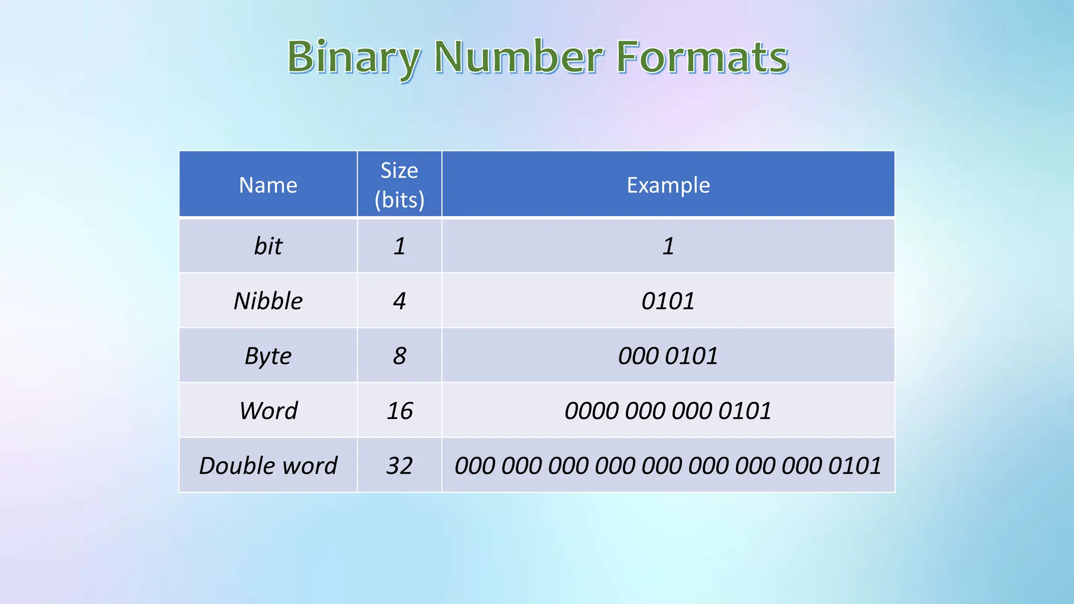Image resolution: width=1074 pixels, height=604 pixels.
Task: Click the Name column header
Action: click(268, 185)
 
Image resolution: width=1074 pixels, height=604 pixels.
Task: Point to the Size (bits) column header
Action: click(400, 185)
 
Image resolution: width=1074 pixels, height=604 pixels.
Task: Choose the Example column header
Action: click(668, 185)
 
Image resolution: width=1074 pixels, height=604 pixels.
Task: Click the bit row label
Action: click(268, 246)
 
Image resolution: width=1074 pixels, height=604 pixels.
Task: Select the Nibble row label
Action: click(268, 301)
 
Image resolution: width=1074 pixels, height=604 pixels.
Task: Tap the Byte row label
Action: click(268, 356)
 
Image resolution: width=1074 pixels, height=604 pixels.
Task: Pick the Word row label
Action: click(268, 411)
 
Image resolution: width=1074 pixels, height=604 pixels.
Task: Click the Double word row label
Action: click(268, 466)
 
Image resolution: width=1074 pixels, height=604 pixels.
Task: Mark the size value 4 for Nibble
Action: click(400, 301)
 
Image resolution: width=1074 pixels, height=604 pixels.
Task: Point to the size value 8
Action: click(400, 356)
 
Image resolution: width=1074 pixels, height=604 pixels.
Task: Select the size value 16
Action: click(400, 411)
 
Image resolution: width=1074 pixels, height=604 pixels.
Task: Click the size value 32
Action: click(400, 466)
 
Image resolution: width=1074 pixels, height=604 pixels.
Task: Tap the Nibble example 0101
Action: click(668, 301)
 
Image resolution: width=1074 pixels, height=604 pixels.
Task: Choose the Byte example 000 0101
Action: click(668, 356)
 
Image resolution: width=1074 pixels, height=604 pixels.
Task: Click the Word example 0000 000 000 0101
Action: click(668, 411)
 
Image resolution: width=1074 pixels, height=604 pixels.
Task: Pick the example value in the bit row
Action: click(668, 246)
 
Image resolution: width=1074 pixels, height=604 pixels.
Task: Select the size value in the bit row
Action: click(400, 246)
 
